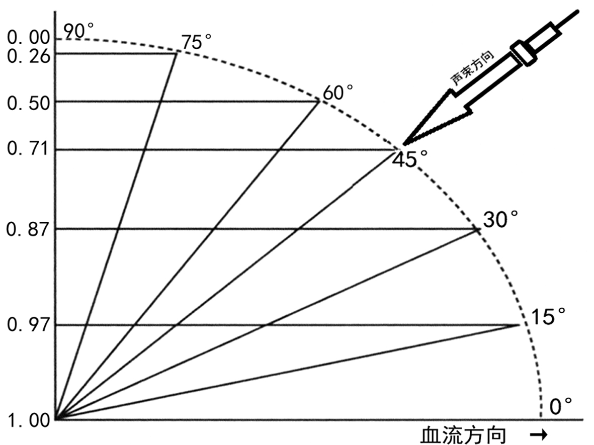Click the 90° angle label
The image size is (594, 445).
point(78,31)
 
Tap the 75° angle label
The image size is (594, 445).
point(197,43)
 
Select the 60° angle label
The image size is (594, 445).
point(338,93)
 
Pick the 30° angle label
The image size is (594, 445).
point(500,220)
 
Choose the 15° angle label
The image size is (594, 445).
point(548,317)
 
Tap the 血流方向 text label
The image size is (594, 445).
point(463,435)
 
